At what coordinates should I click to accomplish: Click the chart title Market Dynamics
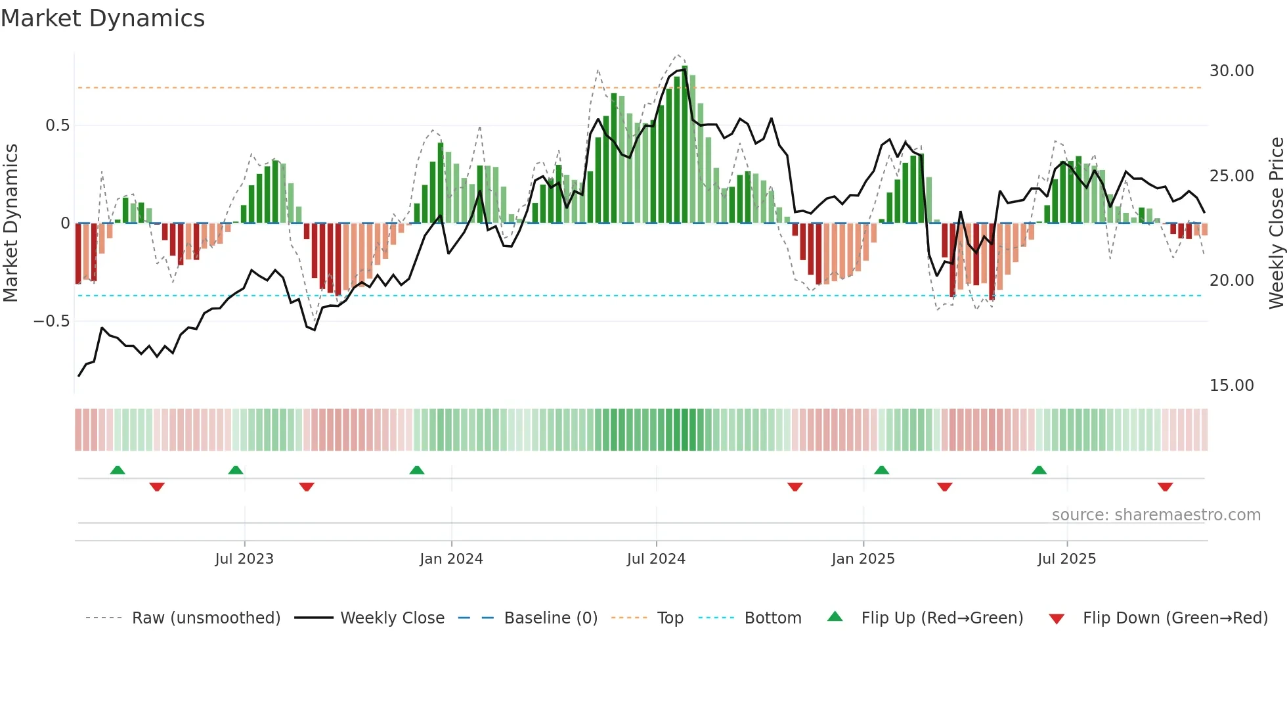102,18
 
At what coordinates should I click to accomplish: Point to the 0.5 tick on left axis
57,125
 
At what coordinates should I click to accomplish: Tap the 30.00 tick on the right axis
1231,71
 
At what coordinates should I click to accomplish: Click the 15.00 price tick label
1231,386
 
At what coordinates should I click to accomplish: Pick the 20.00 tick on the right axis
1231,281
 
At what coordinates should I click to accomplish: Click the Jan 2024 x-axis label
451,559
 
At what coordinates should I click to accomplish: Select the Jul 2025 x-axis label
1066,559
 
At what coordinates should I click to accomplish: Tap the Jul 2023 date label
244,559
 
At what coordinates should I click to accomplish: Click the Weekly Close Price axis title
1276,223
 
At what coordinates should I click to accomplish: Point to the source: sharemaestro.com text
1156,515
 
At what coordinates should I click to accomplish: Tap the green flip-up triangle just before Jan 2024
416,470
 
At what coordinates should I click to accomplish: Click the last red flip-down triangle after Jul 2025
1165,487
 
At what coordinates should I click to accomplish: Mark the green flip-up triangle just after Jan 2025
881,470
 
